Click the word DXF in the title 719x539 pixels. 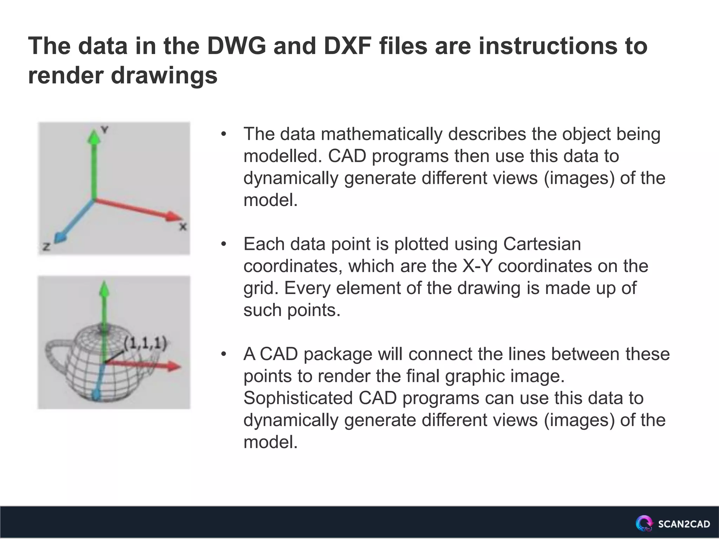(x=348, y=46)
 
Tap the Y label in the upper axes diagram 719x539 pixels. (x=105, y=130)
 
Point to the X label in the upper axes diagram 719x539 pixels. (x=183, y=227)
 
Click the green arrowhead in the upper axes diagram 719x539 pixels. (x=94, y=137)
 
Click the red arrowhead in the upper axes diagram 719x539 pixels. (x=174, y=216)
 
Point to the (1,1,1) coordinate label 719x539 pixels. (x=145, y=343)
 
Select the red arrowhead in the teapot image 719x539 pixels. (x=173, y=367)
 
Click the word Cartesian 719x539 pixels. (x=542, y=244)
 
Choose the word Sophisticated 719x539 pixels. (x=298, y=398)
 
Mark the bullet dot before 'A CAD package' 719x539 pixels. (x=224, y=354)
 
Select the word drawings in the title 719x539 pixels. (x=164, y=75)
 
